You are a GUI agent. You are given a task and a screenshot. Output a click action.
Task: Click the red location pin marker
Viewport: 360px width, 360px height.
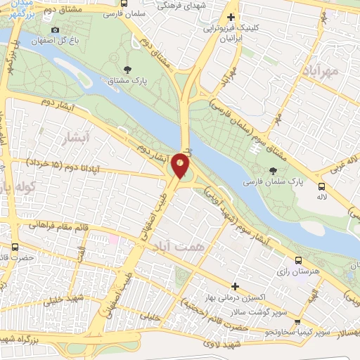(x=181, y=165)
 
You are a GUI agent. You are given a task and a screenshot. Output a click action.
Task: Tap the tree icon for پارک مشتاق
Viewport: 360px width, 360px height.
(x=127, y=69)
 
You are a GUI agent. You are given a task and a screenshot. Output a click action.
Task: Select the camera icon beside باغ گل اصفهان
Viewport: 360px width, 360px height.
(x=56, y=30)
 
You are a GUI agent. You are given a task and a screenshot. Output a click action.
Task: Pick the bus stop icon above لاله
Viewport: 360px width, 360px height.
(x=322, y=187)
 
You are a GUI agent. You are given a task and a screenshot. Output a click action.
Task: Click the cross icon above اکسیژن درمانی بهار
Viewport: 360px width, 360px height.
(x=236, y=285)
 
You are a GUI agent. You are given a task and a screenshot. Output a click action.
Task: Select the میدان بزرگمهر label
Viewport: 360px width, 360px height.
(x=18, y=8)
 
